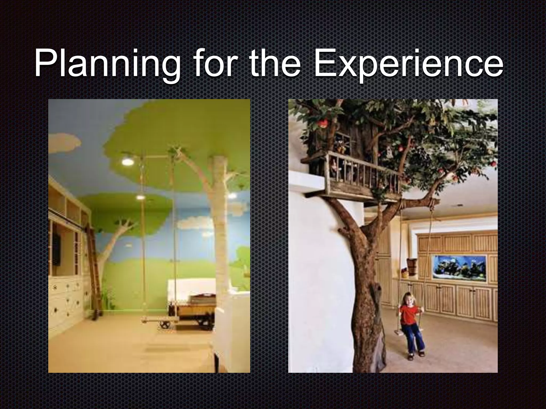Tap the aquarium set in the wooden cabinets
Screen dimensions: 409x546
coord(460,268)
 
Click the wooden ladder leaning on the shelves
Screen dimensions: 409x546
coord(95,272)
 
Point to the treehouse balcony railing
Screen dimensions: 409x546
coord(365,173)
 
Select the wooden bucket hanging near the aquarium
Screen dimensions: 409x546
coord(412,266)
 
